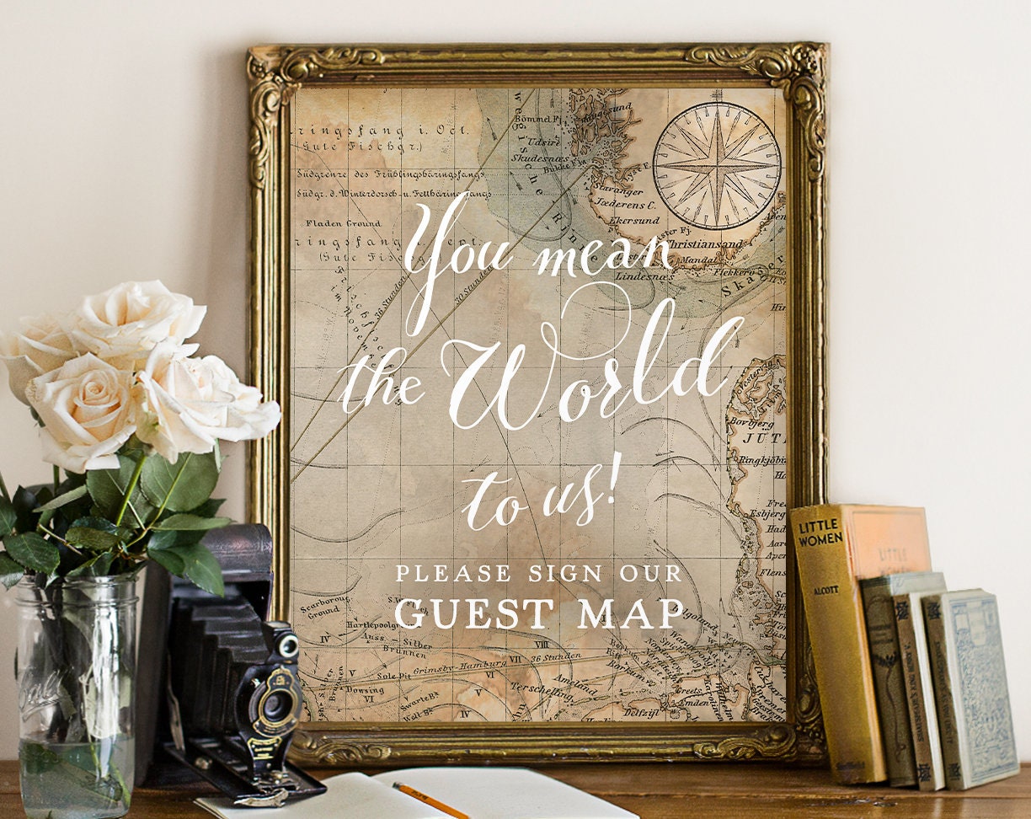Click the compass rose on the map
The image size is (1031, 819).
coord(717,165)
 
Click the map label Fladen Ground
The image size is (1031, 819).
coord(343,223)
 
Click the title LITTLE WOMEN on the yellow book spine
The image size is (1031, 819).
coord(820,533)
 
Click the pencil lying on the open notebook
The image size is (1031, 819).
coord(430,800)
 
